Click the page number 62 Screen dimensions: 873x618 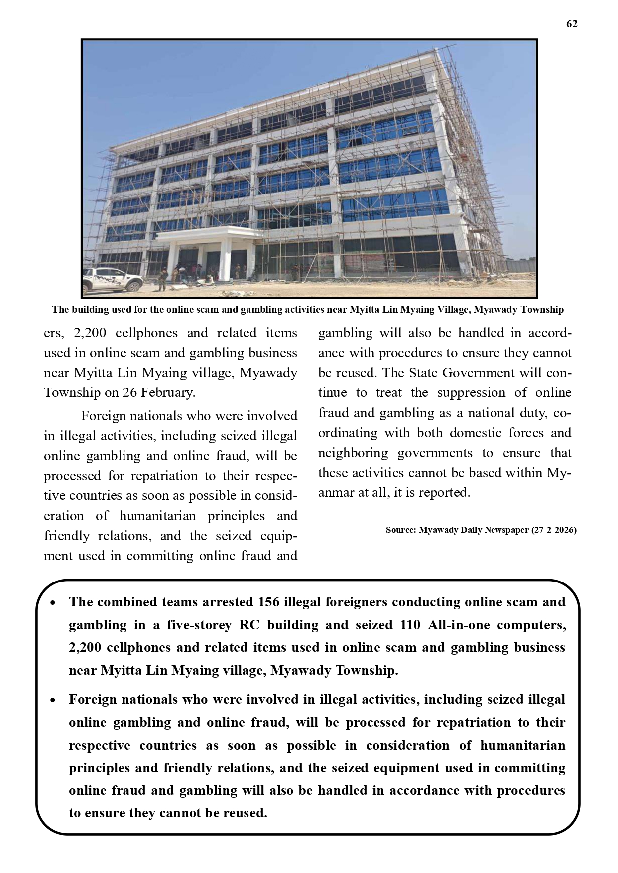tap(572, 24)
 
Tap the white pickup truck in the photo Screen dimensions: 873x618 tap(113, 280)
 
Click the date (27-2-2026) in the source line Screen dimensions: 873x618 tap(553, 530)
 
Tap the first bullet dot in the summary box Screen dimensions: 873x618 tap(53, 603)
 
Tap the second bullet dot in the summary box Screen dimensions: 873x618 tap(53, 700)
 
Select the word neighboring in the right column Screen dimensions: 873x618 tap(353, 453)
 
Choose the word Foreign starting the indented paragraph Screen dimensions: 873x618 tap(104, 416)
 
